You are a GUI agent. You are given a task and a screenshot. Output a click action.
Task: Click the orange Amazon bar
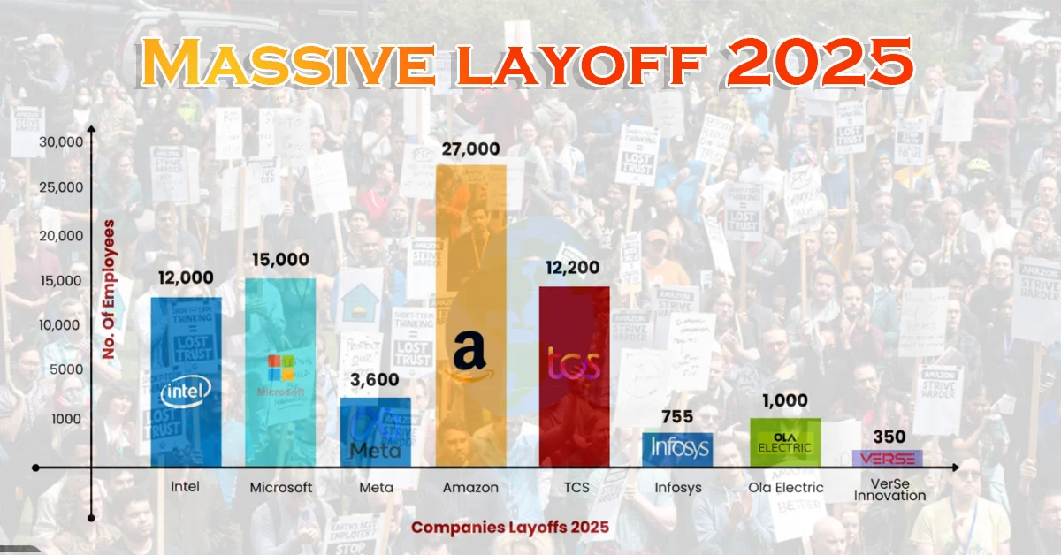471,265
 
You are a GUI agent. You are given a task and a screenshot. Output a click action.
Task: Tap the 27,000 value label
471,149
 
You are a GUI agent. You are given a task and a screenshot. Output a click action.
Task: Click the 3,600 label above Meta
375,380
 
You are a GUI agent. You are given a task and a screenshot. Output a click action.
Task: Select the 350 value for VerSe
887,437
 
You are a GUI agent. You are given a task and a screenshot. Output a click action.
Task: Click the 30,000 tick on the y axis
61,141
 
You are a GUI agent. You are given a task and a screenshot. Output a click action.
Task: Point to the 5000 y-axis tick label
65,372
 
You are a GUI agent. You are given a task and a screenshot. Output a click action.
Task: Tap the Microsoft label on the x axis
281,488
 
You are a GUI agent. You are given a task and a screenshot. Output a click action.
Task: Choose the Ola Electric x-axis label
785,488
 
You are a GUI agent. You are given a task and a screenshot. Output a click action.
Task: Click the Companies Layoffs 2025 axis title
510,528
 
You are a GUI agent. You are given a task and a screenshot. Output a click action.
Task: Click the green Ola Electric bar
785,442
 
